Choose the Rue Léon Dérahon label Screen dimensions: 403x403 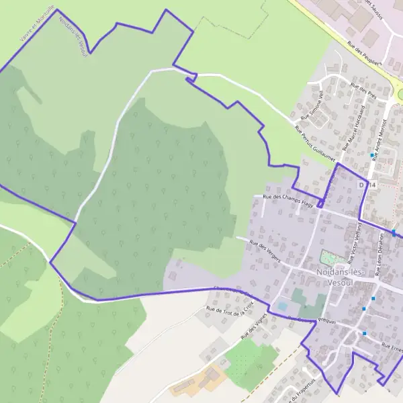(379, 255)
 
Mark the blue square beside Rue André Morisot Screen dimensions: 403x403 (371, 155)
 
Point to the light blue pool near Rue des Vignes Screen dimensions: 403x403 (283, 306)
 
